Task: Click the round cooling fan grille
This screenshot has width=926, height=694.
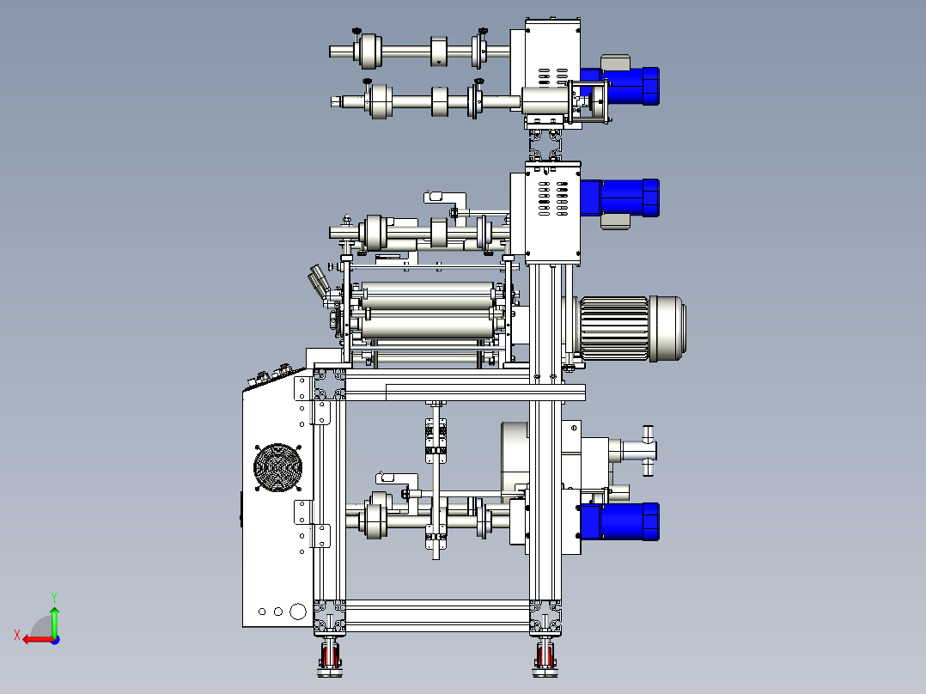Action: pos(277,467)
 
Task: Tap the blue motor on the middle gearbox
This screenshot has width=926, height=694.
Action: pos(620,198)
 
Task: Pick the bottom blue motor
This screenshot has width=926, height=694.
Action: pos(620,521)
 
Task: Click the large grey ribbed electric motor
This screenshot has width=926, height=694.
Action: pos(629,328)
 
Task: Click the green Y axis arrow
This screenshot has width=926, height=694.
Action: pos(54,621)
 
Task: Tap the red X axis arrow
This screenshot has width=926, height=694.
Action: pos(39,640)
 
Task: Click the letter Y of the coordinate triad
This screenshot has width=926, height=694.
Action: pos(54,597)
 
